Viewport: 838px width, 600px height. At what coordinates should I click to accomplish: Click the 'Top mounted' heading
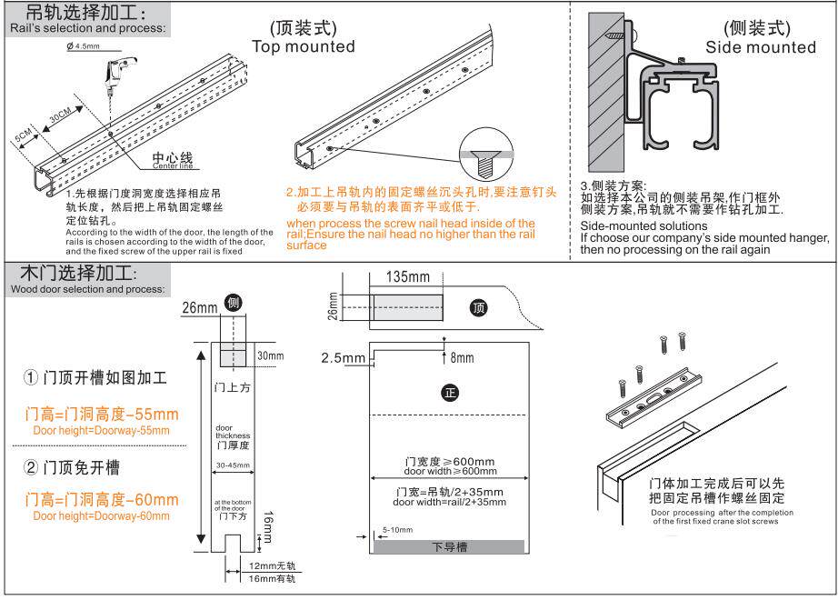(303, 47)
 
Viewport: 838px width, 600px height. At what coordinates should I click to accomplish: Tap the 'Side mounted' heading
(761, 47)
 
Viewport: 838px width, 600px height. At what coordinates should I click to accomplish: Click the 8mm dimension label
(461, 358)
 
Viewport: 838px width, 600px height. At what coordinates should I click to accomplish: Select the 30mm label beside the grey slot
(270, 355)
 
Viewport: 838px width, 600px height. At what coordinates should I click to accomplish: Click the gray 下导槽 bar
(449, 546)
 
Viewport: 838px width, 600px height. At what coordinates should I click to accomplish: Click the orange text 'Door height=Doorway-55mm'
(101, 430)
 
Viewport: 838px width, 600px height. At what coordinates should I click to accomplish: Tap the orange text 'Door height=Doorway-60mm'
(101, 515)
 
